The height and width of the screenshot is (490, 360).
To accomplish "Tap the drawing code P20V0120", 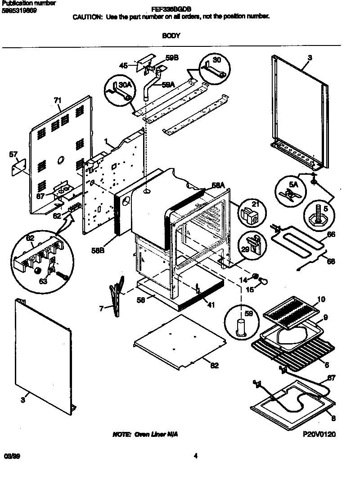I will click(319, 435).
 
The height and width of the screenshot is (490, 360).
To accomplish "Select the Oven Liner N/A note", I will click(148, 435).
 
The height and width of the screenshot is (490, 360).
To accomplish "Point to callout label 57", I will click(13, 154).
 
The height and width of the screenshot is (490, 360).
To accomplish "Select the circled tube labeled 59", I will click(242, 320).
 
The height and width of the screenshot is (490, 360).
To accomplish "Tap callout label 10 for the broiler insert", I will click(321, 299).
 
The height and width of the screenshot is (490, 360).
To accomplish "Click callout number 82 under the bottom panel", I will click(214, 366).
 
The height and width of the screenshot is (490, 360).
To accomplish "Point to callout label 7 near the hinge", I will click(102, 308).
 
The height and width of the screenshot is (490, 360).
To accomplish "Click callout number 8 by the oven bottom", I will click(333, 418).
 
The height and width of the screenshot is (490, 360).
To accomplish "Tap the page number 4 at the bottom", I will click(195, 456).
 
